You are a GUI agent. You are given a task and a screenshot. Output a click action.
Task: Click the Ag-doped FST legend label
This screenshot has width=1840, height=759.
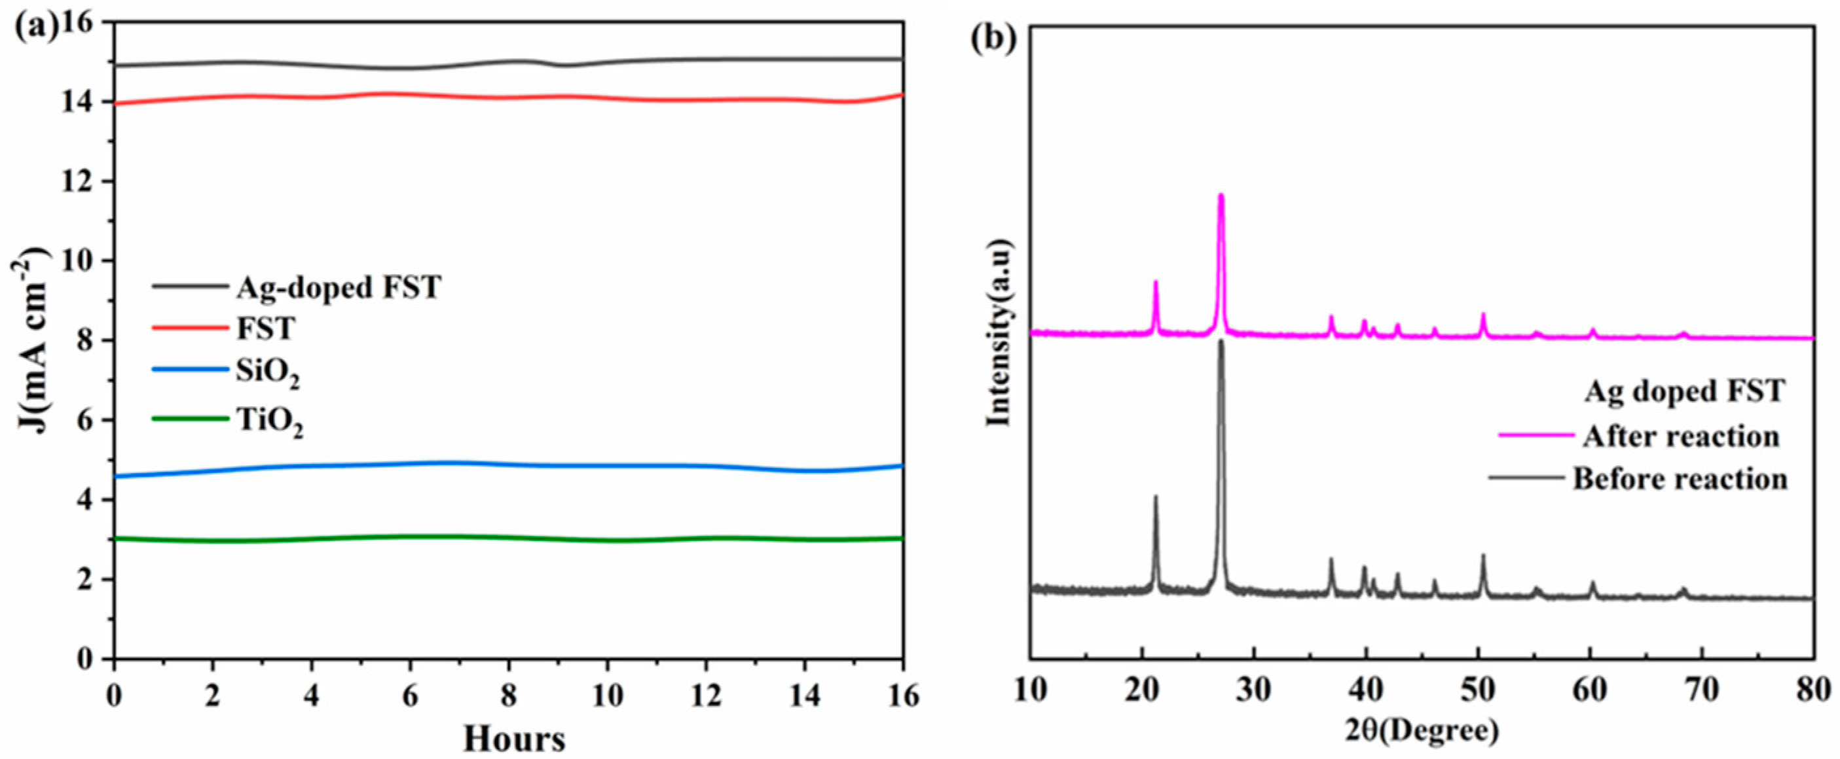pos(339,288)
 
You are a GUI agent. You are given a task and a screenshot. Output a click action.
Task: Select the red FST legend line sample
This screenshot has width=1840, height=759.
pos(190,328)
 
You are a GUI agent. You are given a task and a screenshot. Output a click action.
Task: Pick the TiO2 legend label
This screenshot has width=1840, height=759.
pos(270,422)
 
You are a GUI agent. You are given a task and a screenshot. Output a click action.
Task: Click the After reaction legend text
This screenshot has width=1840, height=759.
pos(1680,436)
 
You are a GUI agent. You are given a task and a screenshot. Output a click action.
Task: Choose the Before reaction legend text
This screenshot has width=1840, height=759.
pos(1680,478)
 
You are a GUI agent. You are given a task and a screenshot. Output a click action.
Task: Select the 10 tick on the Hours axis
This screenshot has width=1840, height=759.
pos(608,696)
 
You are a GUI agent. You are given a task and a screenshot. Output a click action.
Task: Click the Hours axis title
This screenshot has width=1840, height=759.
pos(513,739)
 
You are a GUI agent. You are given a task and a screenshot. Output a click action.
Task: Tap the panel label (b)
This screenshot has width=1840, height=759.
pos(992,39)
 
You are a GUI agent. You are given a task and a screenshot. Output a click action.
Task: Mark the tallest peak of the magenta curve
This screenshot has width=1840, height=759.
pos(1221,196)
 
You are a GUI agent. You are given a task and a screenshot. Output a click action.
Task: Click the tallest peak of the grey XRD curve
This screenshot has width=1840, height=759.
pos(1221,343)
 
